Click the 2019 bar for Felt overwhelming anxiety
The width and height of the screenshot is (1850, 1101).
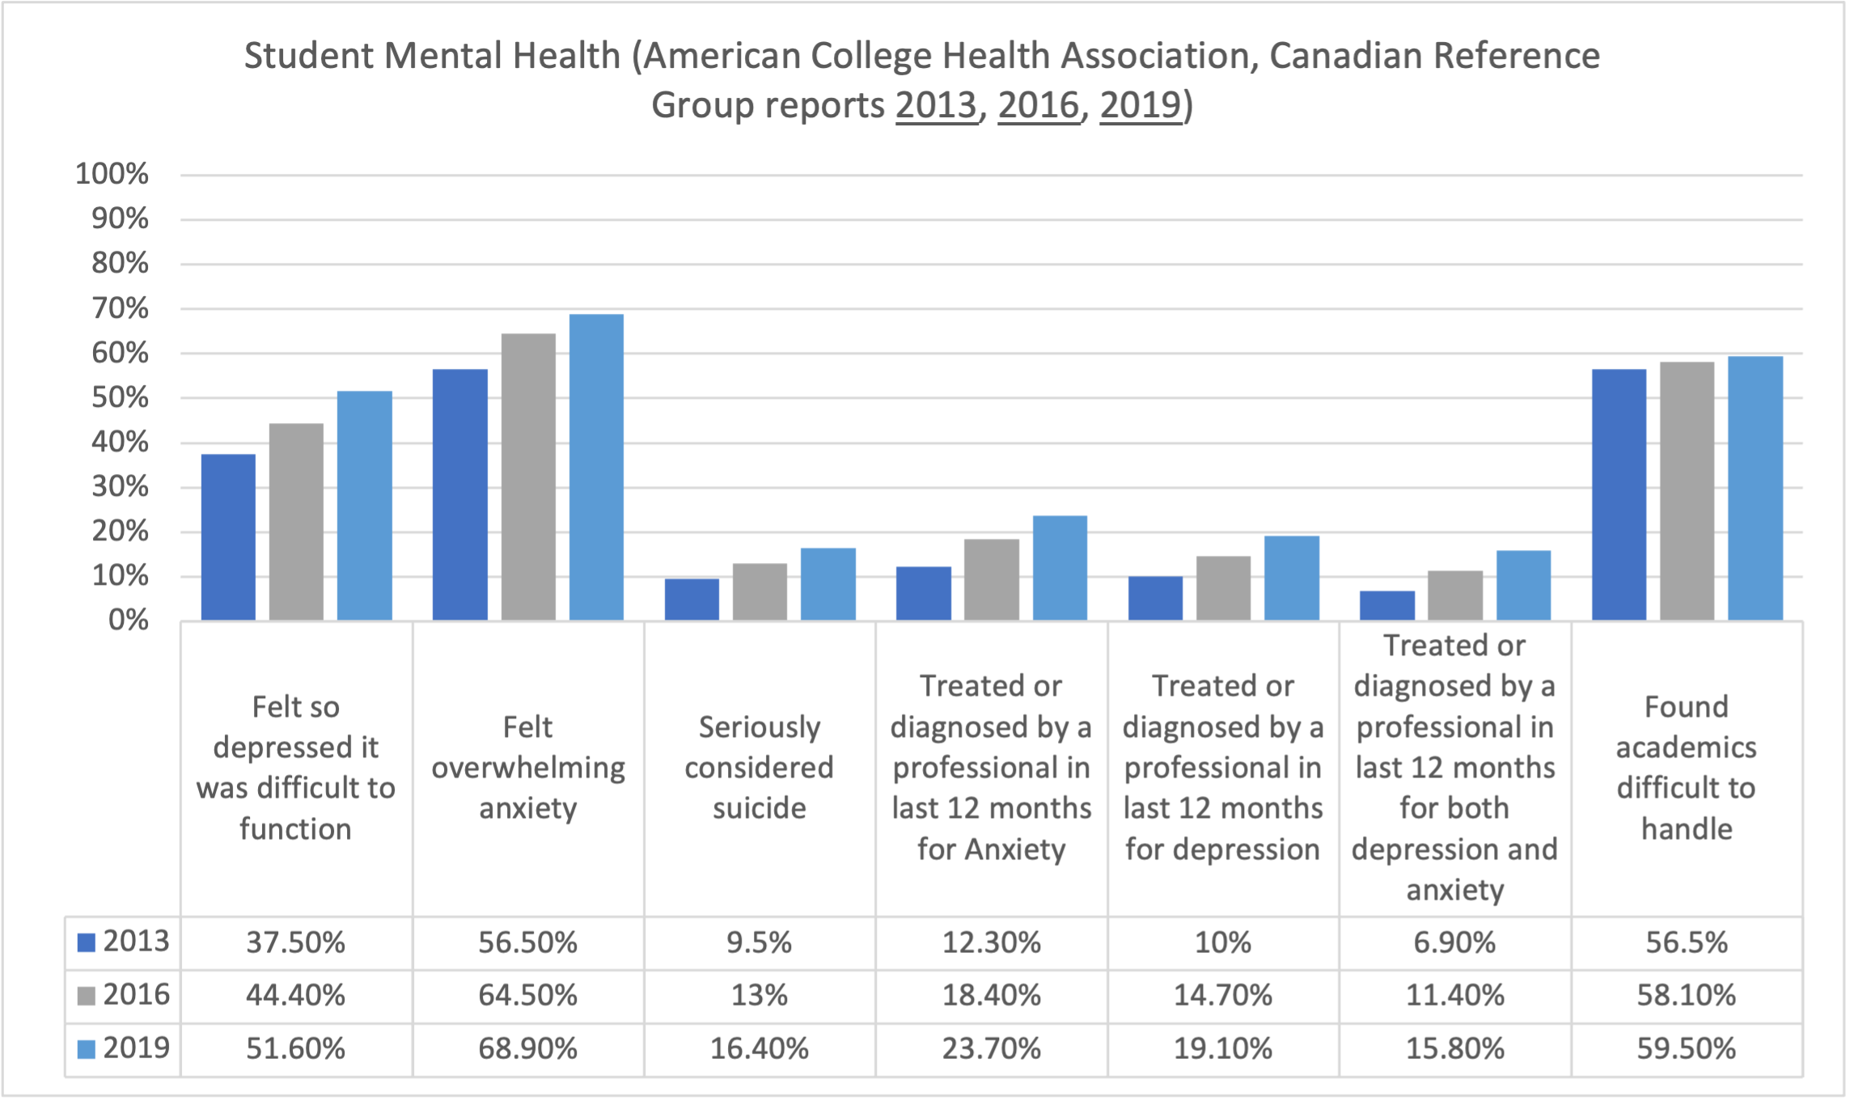click(596, 468)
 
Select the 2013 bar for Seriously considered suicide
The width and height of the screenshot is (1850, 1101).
click(692, 599)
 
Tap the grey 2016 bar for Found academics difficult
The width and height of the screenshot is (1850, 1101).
click(1687, 491)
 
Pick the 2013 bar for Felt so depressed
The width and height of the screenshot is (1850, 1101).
click(228, 537)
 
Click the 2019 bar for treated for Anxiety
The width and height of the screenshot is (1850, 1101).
click(1060, 568)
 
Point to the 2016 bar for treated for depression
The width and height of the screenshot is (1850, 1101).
click(1223, 588)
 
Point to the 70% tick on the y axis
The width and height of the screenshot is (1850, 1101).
click(120, 309)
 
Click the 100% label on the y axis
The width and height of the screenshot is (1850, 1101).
click(112, 174)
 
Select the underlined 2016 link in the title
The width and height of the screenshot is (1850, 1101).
click(1039, 105)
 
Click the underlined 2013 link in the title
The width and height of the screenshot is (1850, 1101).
click(937, 105)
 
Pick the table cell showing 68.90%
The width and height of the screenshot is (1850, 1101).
click(527, 1049)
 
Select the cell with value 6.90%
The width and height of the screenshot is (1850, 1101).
click(1454, 943)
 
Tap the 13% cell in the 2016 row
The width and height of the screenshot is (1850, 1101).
click(759, 996)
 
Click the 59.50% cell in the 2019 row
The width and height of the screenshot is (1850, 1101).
click(1687, 1049)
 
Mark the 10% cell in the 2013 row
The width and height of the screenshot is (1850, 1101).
click(1223, 943)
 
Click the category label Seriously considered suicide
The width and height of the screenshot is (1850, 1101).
click(759, 768)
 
